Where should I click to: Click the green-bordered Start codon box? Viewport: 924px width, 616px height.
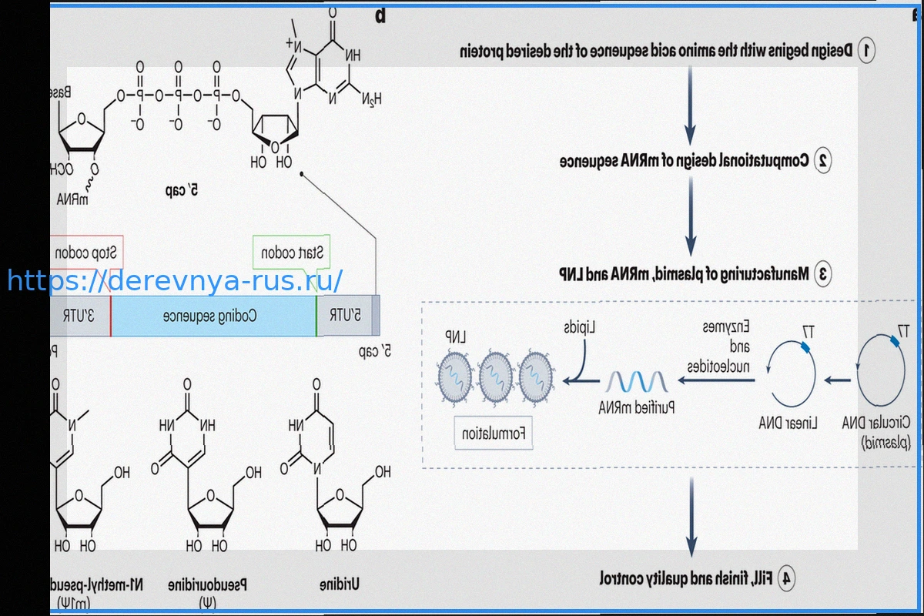tap(293, 253)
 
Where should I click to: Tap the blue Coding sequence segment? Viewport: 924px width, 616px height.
tap(213, 316)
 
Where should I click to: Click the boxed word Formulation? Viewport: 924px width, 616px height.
tap(493, 434)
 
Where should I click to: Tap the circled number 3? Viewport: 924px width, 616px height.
tap(822, 273)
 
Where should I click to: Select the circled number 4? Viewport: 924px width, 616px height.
tap(786, 577)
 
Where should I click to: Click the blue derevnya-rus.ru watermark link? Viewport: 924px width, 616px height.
tap(175, 281)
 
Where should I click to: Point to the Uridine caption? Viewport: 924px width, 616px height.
tap(340, 584)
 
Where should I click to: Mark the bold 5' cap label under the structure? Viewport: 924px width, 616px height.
tap(182, 189)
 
